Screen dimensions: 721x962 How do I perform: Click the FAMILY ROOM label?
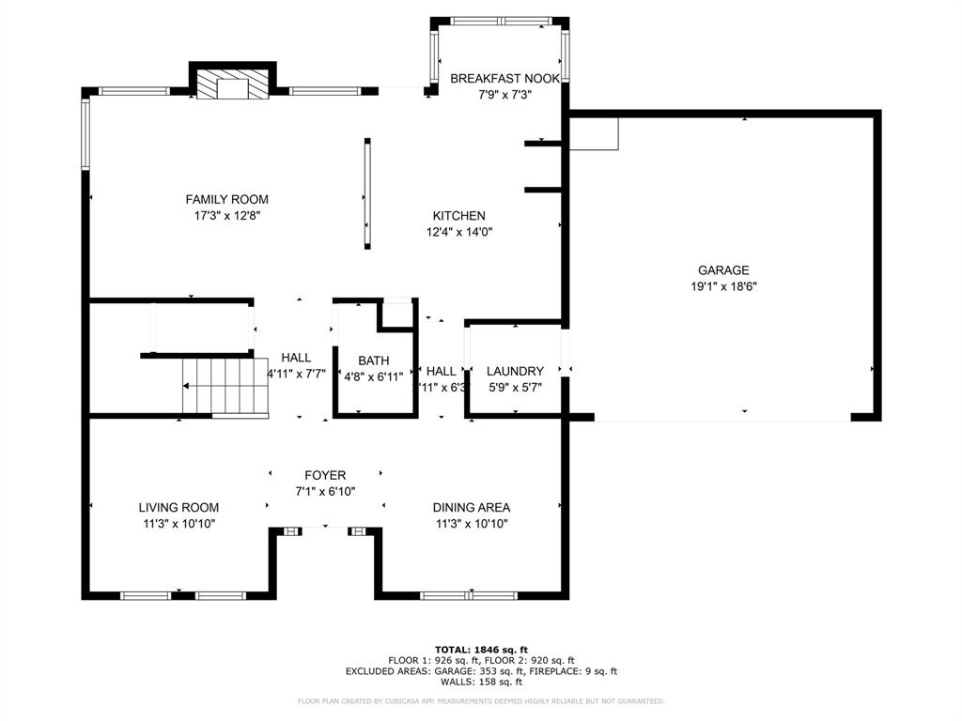tap(226, 199)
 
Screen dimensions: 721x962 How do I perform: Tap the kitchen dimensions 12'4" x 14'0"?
tap(458, 232)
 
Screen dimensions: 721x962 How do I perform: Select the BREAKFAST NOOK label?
tap(504, 79)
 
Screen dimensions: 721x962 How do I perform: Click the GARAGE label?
tap(722, 270)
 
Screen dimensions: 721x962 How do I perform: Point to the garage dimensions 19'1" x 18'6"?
tap(722, 286)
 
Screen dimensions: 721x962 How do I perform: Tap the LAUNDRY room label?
tap(515, 371)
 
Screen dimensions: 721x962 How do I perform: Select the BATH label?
tap(373, 360)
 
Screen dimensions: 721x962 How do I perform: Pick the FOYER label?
tap(325, 475)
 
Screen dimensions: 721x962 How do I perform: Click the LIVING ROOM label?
tap(178, 507)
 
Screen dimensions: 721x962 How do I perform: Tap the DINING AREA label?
tap(472, 507)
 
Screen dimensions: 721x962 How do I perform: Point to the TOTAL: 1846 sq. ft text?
tap(481, 650)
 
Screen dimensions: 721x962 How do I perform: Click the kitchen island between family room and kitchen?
tap(366, 193)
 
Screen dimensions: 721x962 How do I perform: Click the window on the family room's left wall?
tap(85, 134)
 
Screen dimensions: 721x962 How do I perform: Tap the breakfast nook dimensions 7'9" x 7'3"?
tap(504, 94)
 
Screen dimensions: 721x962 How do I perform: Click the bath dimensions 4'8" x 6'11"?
tap(373, 376)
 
